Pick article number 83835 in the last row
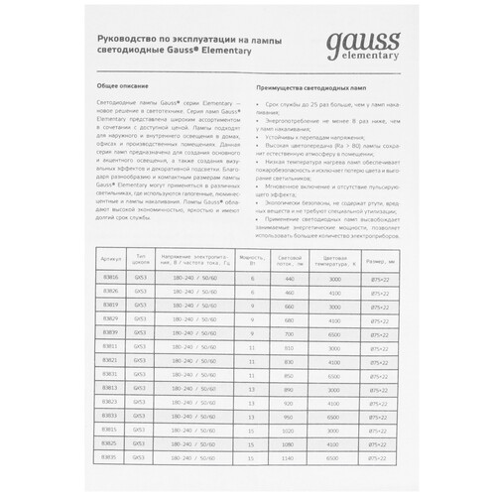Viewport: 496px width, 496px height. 111,457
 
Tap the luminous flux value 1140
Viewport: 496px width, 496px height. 289,457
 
